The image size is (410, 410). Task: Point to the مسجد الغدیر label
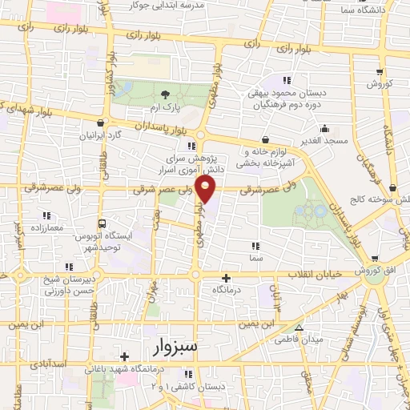pos(324,139)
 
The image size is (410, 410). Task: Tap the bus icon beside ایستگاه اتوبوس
pos(101,224)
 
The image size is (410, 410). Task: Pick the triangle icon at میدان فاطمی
pos(299,328)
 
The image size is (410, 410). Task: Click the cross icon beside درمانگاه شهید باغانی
pos(124,357)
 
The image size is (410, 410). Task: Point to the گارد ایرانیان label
pos(100,135)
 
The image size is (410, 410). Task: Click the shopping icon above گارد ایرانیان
pos(100,123)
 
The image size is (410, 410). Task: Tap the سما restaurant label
pos(255,258)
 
